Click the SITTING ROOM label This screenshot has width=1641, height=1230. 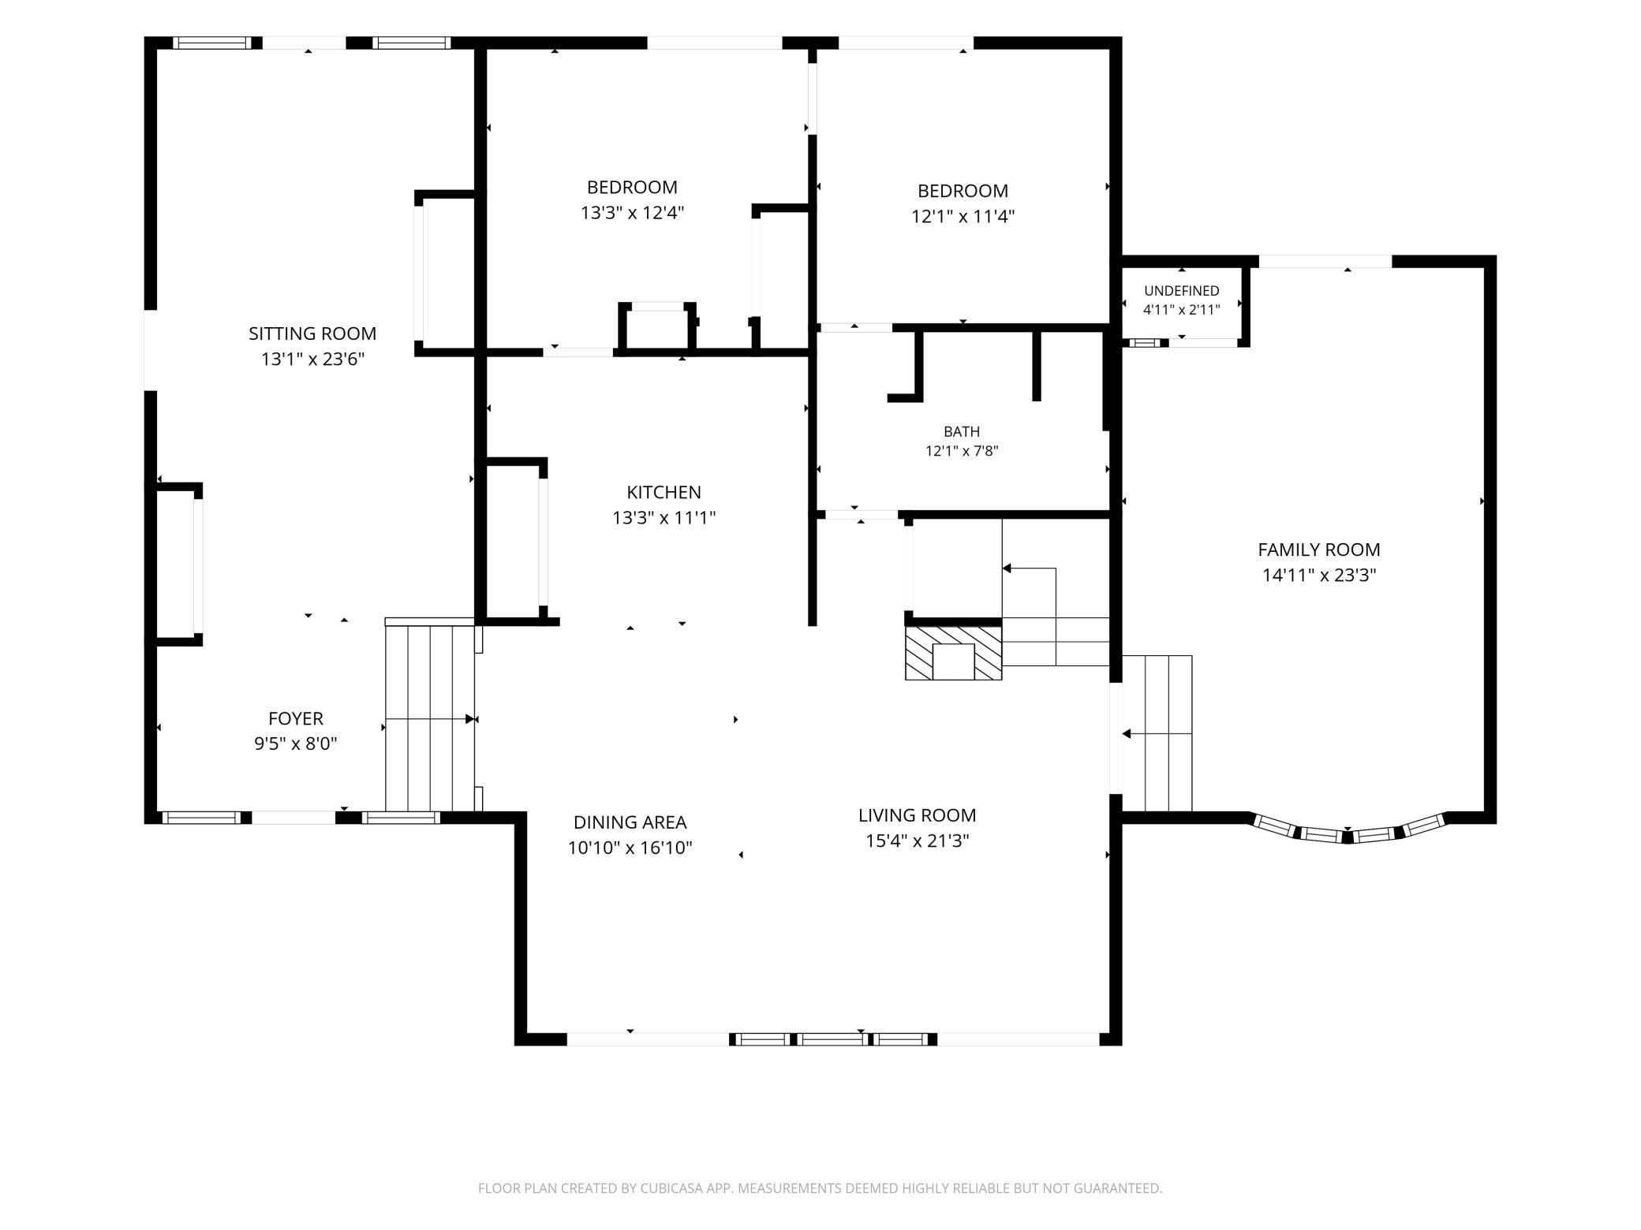pos(312,334)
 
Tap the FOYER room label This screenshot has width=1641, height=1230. pos(296,718)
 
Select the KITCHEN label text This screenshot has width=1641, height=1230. pos(664,492)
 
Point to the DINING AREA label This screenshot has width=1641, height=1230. pos(630,822)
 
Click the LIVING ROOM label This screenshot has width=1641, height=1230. pos(917,815)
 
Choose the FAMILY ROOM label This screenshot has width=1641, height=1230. pos(1318,550)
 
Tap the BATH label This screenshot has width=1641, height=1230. pos(962,431)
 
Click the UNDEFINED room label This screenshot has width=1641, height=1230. pos(1181,291)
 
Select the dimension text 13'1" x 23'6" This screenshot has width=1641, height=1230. pos(312,360)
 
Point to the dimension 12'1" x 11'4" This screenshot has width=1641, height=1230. pos(963,216)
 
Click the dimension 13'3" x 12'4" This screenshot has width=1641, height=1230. pos(632,213)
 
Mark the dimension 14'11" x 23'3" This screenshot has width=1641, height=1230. pos(1318,576)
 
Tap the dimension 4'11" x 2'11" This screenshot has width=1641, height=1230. pos(1181,310)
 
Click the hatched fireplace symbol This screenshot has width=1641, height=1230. pos(953,653)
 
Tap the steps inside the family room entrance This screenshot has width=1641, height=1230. pos(1157,733)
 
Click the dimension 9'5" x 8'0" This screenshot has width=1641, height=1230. pos(296,744)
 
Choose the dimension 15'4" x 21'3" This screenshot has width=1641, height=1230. pos(917,841)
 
